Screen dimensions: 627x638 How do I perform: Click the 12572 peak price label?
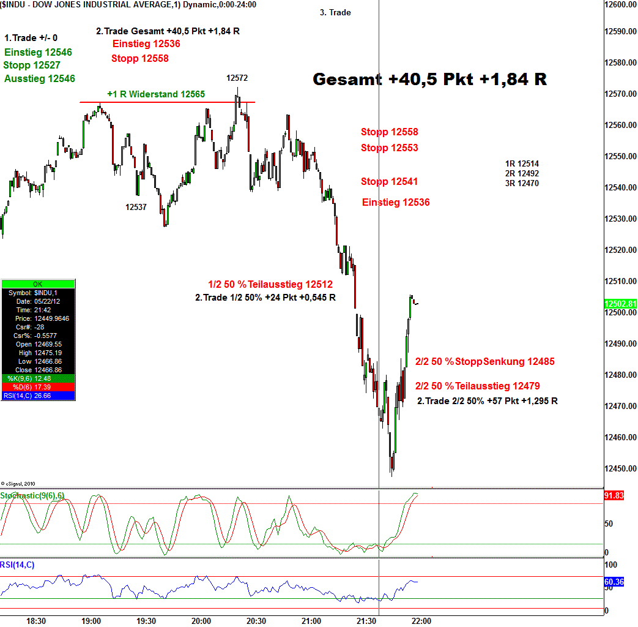pyautogui.click(x=237, y=78)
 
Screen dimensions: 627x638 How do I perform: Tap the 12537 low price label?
pyautogui.click(x=136, y=207)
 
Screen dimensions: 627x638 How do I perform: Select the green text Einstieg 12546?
pyautogui.click(x=38, y=53)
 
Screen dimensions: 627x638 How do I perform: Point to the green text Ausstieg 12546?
pyautogui.click(x=40, y=78)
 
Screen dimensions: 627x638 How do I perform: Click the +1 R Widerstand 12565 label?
pyautogui.click(x=156, y=94)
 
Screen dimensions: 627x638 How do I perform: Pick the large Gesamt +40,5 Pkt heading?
pyautogui.click(x=429, y=80)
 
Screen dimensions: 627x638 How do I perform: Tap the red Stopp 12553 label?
pyautogui.click(x=390, y=148)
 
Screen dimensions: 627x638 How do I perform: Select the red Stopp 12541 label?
pyautogui.click(x=390, y=181)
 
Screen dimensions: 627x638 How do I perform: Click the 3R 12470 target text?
pyautogui.click(x=522, y=183)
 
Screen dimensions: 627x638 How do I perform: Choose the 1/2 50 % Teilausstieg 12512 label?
pyautogui.click(x=270, y=284)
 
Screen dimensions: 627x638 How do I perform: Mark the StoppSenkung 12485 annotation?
pyautogui.click(x=485, y=361)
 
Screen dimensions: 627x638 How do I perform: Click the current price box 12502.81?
pyautogui.click(x=620, y=304)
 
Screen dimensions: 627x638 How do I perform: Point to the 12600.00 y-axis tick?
pyautogui.click(x=620, y=4)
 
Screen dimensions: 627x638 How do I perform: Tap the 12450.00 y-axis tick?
pyautogui.click(x=620, y=468)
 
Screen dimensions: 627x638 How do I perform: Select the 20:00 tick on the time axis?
pyautogui.click(x=201, y=621)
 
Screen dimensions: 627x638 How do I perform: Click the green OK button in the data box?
pyautogui.click(x=38, y=284)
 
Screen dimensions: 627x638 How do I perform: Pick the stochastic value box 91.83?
pyautogui.click(x=614, y=495)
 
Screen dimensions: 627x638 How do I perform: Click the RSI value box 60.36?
pyautogui.click(x=614, y=582)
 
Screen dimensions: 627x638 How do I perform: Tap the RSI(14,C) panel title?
pyautogui.click(x=17, y=565)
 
